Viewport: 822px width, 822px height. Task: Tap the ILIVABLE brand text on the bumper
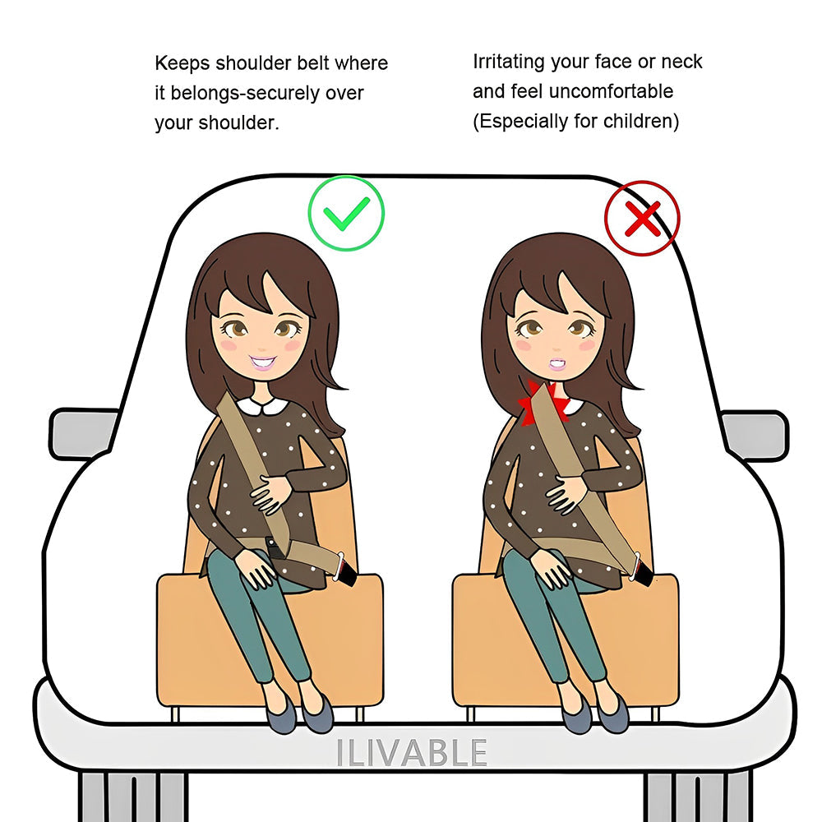[412, 753]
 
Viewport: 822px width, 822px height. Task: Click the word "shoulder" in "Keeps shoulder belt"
[253, 63]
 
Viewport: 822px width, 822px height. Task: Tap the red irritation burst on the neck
[543, 403]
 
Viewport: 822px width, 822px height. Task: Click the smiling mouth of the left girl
[263, 362]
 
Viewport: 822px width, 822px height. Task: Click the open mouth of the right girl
[557, 364]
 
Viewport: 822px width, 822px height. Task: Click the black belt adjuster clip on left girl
[273, 548]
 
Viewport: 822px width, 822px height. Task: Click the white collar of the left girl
[261, 404]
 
